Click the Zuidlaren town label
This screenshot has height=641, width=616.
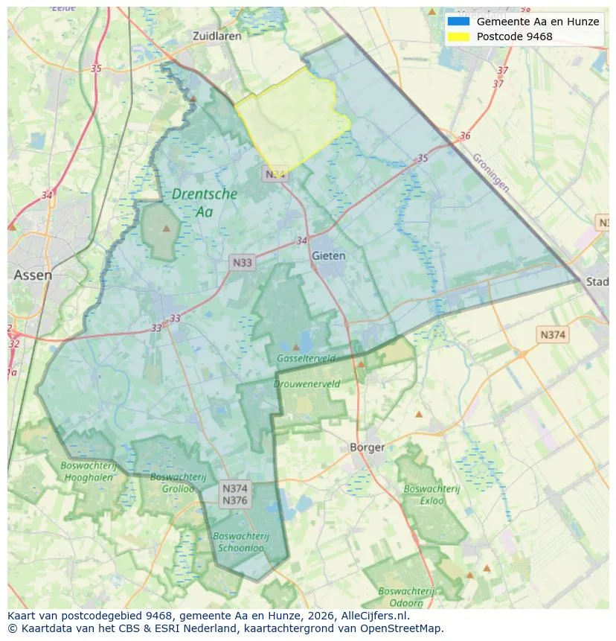tap(214, 36)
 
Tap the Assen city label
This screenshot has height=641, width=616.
tap(33, 275)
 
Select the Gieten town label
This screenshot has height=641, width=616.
tap(329, 255)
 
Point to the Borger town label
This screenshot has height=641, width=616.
tap(368, 447)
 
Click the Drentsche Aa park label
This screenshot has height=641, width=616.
tap(205, 202)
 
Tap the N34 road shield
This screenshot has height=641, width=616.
tap(275, 174)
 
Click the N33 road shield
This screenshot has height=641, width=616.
tap(243, 262)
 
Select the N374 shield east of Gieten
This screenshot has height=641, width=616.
tap(553, 335)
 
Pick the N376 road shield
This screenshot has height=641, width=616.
tap(235, 501)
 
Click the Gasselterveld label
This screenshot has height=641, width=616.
tap(306, 359)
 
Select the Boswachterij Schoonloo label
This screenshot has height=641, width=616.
tap(240, 541)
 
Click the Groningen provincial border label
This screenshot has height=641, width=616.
tap(492, 173)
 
